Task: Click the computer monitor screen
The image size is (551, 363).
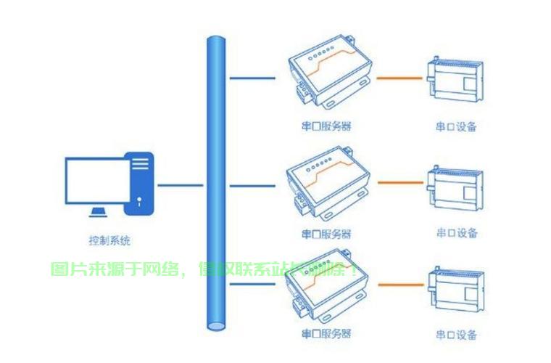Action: [94, 180]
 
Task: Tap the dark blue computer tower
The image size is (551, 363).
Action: [140, 183]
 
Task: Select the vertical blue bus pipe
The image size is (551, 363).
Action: [215, 181]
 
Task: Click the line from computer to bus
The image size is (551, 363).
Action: [180, 184]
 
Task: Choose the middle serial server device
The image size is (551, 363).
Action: [328, 182]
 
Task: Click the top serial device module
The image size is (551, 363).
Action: [456, 78]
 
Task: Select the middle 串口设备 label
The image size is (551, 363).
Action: [457, 233]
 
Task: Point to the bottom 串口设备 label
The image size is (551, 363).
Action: [457, 335]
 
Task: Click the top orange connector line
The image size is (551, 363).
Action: [399, 77]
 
